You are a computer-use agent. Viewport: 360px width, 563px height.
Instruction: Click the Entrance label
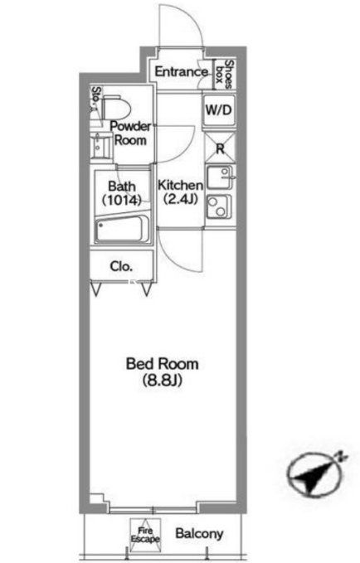(181, 72)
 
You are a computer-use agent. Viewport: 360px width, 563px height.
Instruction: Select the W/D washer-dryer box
(219, 110)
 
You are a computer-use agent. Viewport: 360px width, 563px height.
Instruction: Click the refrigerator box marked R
(219, 148)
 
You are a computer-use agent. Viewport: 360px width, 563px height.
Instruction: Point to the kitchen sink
(220, 177)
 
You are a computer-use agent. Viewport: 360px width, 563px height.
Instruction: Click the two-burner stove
(218, 206)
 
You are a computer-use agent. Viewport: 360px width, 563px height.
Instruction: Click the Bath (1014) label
(121, 193)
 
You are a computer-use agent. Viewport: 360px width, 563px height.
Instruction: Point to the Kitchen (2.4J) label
(180, 192)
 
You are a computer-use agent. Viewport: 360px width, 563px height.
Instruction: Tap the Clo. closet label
(121, 266)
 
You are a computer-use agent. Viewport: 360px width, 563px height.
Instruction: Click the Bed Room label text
(162, 364)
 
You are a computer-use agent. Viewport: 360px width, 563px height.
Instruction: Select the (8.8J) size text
(162, 380)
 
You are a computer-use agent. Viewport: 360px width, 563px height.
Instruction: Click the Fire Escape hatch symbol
(145, 535)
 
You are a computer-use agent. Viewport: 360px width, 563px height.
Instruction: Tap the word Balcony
(199, 534)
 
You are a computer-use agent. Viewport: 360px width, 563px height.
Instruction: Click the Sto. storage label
(95, 97)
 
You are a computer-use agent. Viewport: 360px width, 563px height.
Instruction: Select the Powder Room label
(130, 133)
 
